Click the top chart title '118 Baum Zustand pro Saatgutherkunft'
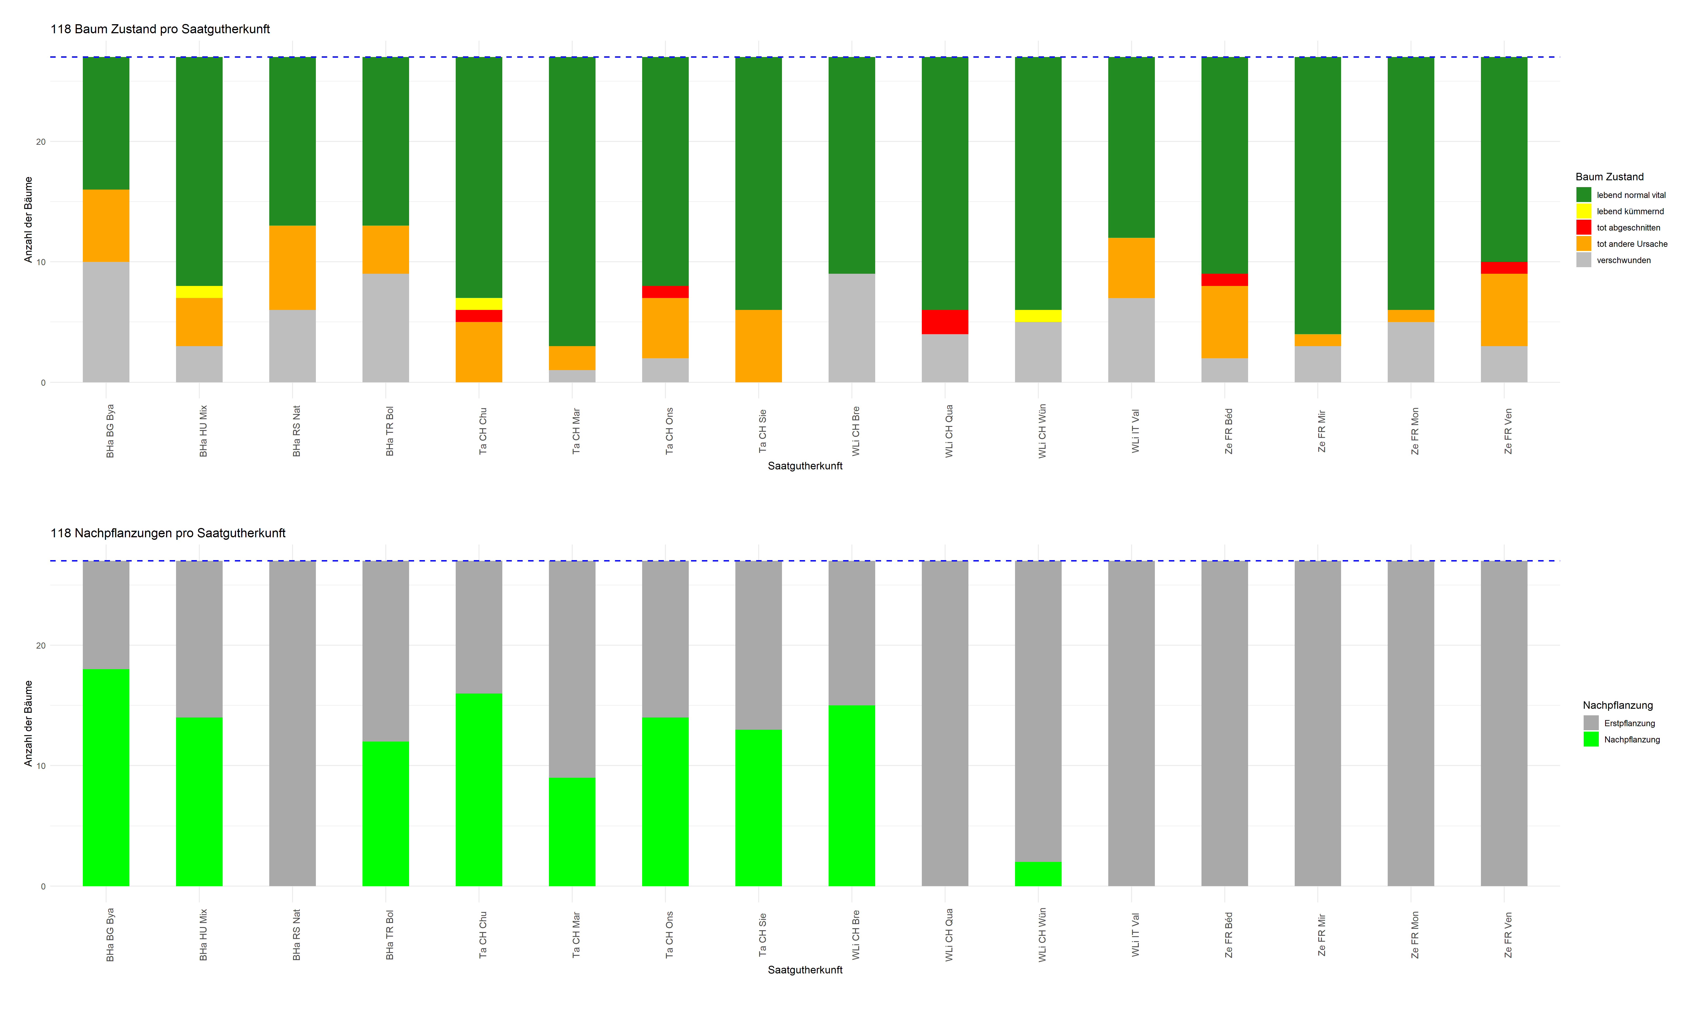tap(160, 29)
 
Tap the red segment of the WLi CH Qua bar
tap(944, 322)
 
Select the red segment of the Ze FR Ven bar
tap(1504, 268)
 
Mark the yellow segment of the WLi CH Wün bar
tap(1038, 316)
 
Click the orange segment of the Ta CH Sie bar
tap(758, 346)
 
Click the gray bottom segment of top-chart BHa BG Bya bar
tap(106, 322)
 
